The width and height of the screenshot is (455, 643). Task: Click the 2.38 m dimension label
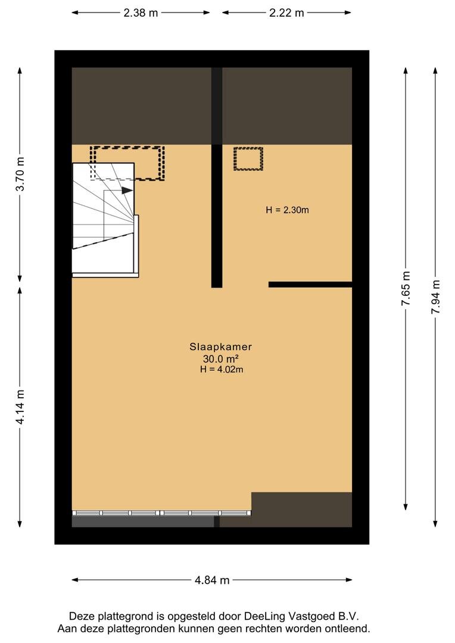(141, 13)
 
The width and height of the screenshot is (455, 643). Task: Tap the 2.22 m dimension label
(286, 13)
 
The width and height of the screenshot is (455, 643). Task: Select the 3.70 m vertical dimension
(20, 173)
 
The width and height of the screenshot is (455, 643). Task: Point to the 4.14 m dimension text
(20, 407)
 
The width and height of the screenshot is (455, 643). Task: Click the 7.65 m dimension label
(406, 289)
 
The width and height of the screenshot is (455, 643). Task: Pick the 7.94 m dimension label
(436, 296)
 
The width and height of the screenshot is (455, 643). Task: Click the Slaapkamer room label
(222, 347)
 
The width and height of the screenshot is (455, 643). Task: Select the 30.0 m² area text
(222, 358)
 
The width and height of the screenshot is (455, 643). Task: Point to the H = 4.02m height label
(222, 370)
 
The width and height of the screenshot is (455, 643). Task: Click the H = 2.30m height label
(287, 210)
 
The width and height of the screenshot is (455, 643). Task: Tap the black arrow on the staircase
(126, 191)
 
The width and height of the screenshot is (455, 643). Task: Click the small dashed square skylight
(248, 159)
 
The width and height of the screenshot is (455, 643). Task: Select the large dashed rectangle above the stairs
(127, 163)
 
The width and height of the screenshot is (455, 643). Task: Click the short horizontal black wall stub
(310, 285)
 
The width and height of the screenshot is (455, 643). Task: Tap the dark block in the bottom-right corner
(301, 509)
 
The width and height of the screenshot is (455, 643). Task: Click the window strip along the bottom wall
(161, 513)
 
